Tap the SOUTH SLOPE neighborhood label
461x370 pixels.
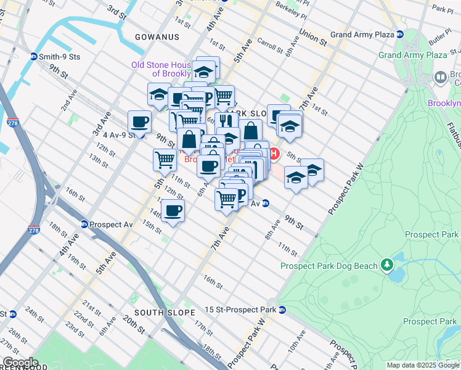164,313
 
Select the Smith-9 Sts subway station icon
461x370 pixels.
34,56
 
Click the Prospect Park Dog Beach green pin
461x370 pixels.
386,265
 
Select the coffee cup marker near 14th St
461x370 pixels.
173,211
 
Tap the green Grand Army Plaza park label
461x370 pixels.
412,55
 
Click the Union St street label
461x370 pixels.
312,38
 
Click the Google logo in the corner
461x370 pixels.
20,363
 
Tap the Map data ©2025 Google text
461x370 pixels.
423,365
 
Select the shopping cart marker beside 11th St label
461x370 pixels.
165,160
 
